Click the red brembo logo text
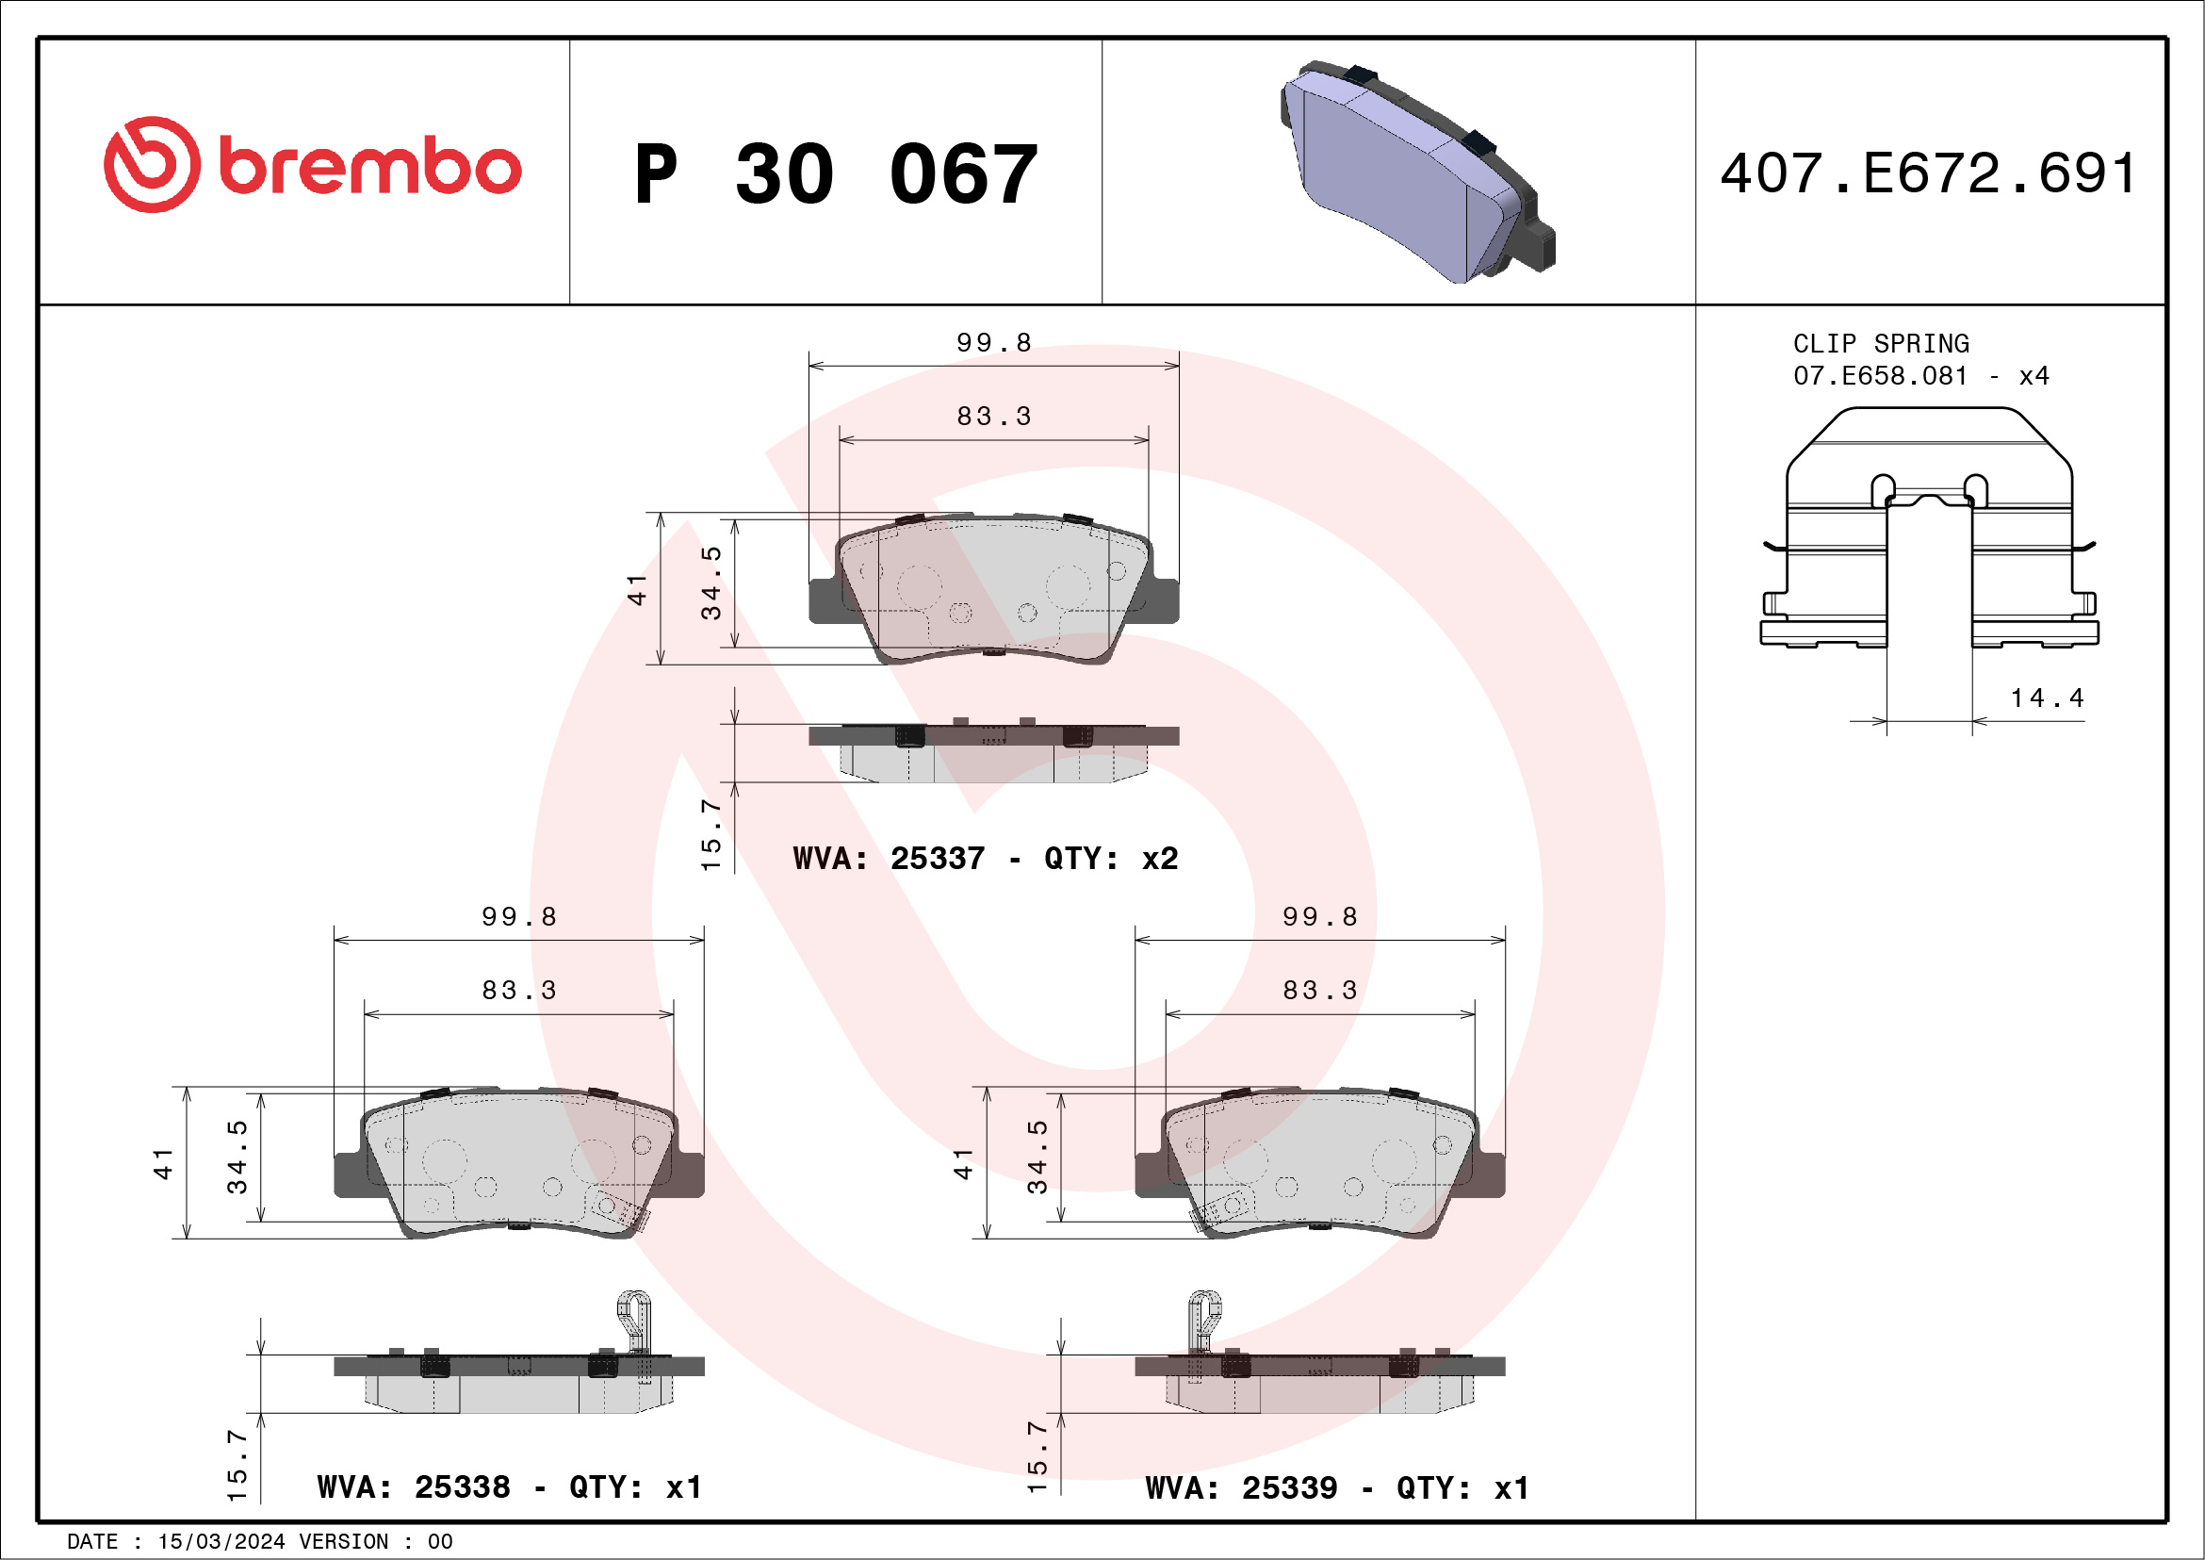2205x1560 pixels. tap(368, 165)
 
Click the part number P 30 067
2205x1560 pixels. tap(836, 173)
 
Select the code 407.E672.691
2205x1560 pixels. tap(1928, 173)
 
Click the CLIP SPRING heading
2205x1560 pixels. tap(1881, 344)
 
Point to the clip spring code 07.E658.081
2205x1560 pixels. tap(1880, 375)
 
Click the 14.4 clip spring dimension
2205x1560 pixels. tap(2047, 698)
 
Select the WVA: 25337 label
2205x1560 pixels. tap(889, 858)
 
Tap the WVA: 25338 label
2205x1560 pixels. tap(413, 1487)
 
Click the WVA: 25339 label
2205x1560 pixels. tap(1241, 1488)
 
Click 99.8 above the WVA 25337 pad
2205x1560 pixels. tap(993, 343)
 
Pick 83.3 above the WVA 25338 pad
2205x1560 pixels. tap(518, 991)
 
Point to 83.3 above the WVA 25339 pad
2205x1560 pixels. tap(1319, 991)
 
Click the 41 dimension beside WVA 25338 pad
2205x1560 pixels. tap(163, 1163)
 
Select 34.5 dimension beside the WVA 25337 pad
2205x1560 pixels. tap(710, 583)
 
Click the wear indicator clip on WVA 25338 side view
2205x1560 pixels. tap(633, 1320)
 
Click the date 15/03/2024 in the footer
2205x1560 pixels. tap(220, 1542)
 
